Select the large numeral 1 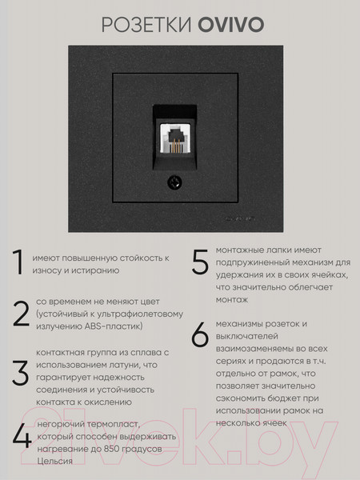(17, 262)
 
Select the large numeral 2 (19, 314)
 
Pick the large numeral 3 (19, 373)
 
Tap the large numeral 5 (200, 263)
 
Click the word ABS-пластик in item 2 (110, 327)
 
